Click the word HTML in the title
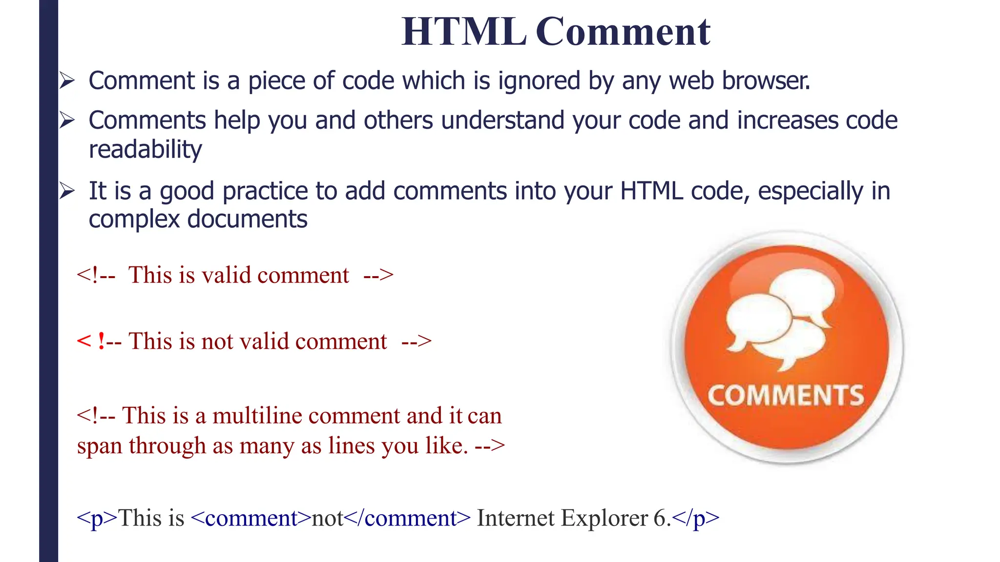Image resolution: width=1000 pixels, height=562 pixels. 464,32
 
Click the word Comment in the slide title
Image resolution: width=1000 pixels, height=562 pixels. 623,32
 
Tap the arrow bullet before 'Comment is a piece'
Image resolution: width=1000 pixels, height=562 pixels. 67,80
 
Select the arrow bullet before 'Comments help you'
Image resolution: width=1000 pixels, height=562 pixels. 67,120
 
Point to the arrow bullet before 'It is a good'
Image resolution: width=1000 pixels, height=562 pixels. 67,191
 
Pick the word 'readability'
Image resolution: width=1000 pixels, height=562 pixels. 145,149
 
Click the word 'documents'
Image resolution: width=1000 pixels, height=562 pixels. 247,219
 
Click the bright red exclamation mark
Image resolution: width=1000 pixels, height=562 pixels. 101,341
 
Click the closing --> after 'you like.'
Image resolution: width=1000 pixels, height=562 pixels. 490,446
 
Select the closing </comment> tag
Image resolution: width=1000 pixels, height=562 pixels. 408,518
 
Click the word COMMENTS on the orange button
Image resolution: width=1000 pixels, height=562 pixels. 786,395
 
